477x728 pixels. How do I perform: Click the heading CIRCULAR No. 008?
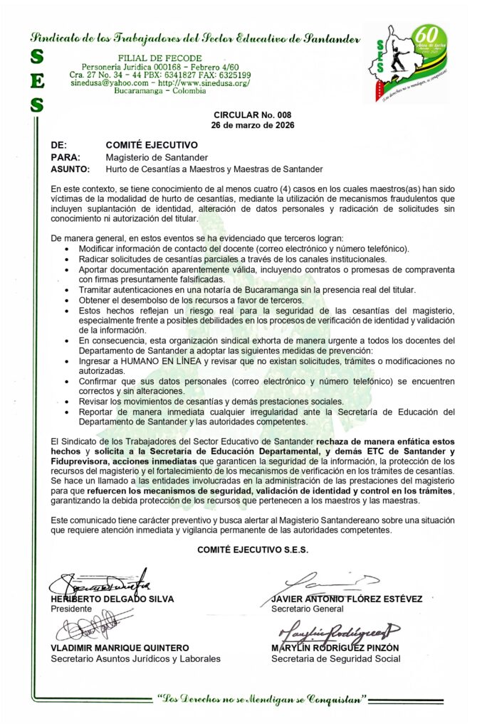point(252,115)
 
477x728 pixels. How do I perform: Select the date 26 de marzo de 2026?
point(252,125)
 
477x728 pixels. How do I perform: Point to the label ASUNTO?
point(70,169)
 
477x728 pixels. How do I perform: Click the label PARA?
point(65,157)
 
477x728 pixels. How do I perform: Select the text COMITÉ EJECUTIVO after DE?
point(152,144)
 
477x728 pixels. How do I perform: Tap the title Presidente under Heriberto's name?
point(72,609)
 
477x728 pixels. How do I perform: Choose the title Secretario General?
point(307,609)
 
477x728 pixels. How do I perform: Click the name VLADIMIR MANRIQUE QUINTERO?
point(120,648)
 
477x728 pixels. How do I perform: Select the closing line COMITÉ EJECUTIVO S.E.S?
point(253,550)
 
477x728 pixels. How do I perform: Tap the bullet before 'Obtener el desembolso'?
point(67,301)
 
